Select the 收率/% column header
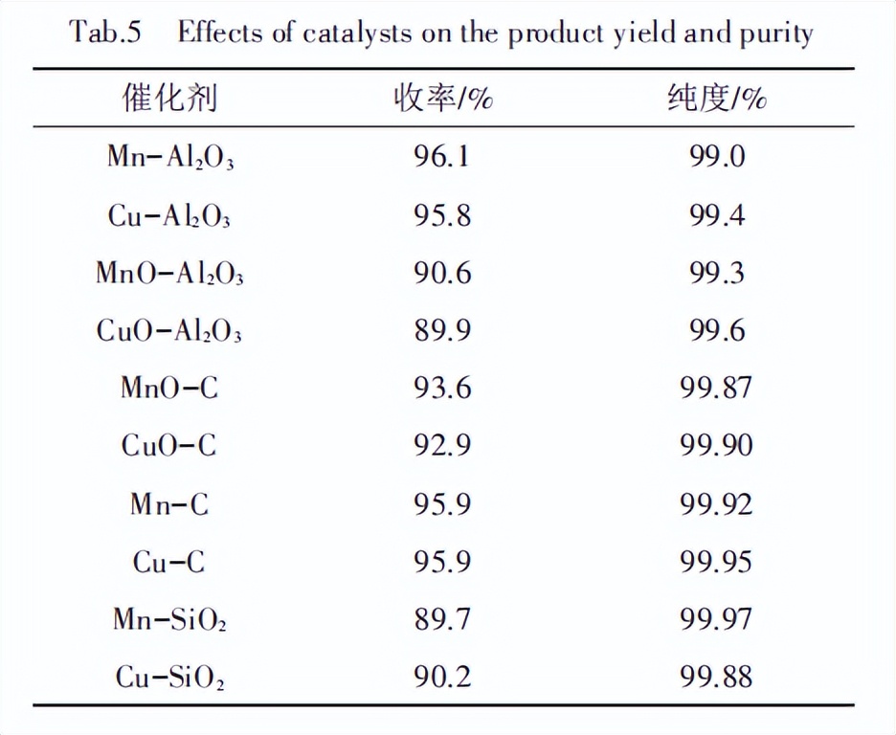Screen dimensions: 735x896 [x=441, y=98]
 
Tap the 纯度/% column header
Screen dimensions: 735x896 [x=717, y=98]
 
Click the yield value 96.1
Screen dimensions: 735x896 [x=441, y=156]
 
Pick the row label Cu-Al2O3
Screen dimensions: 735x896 [x=169, y=215]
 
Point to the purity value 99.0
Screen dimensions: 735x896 [x=717, y=156]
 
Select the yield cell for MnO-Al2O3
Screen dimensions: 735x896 [x=441, y=273]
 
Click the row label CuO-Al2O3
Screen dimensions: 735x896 [x=169, y=331]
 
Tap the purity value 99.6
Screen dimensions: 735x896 [x=717, y=331]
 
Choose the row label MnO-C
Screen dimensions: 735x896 [x=169, y=388]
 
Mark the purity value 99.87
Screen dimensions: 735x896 [x=717, y=388]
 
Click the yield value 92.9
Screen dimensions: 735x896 [x=441, y=445]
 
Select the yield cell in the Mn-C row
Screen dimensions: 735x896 [x=441, y=503]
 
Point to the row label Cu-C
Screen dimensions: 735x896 [x=169, y=562]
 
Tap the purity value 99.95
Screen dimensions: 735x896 [x=717, y=562]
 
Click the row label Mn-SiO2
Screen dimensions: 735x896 [x=169, y=620]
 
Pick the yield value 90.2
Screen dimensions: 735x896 [x=441, y=678]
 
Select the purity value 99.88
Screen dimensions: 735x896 [x=717, y=678]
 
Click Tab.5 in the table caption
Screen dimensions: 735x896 [x=105, y=33]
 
